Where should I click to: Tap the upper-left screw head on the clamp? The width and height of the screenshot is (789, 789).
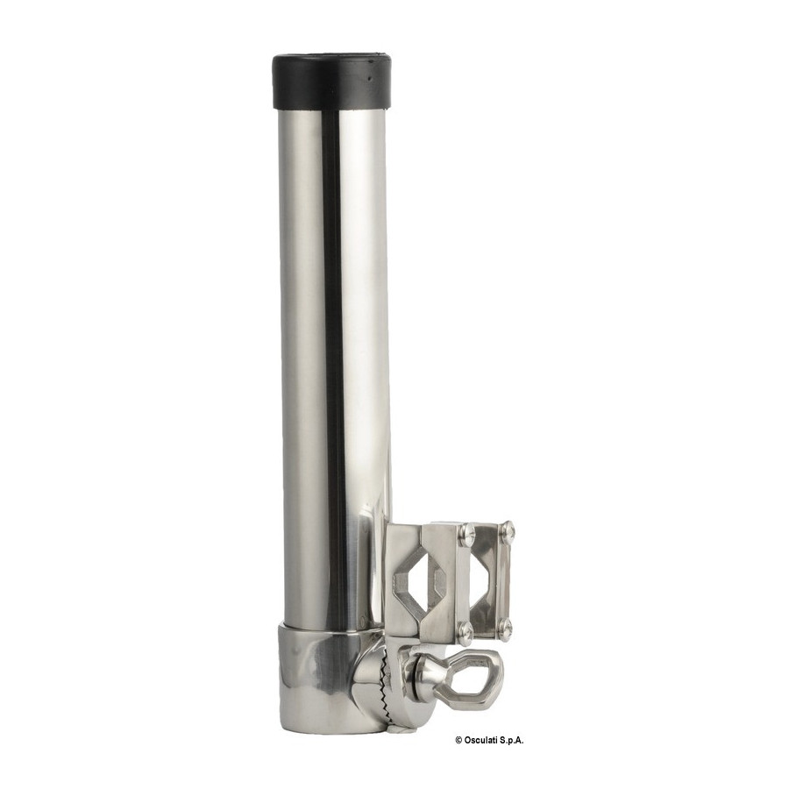pos(467,530)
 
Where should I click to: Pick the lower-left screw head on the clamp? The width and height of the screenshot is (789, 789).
pos(466,628)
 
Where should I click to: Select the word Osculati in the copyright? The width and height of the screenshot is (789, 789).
pos(481,740)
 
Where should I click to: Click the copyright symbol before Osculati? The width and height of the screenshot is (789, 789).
pos(458,740)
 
